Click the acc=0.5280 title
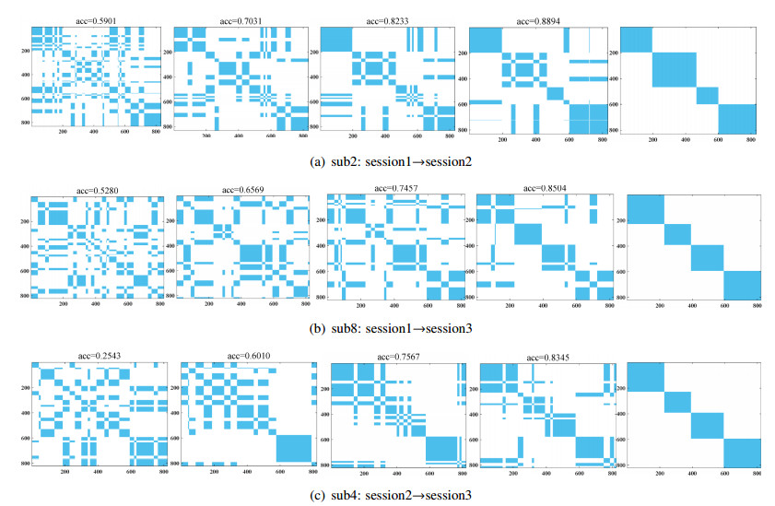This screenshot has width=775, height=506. point(100,191)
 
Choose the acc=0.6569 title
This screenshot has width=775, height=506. point(243,191)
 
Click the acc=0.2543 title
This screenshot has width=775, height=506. point(99,355)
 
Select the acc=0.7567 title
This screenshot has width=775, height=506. point(398,357)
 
